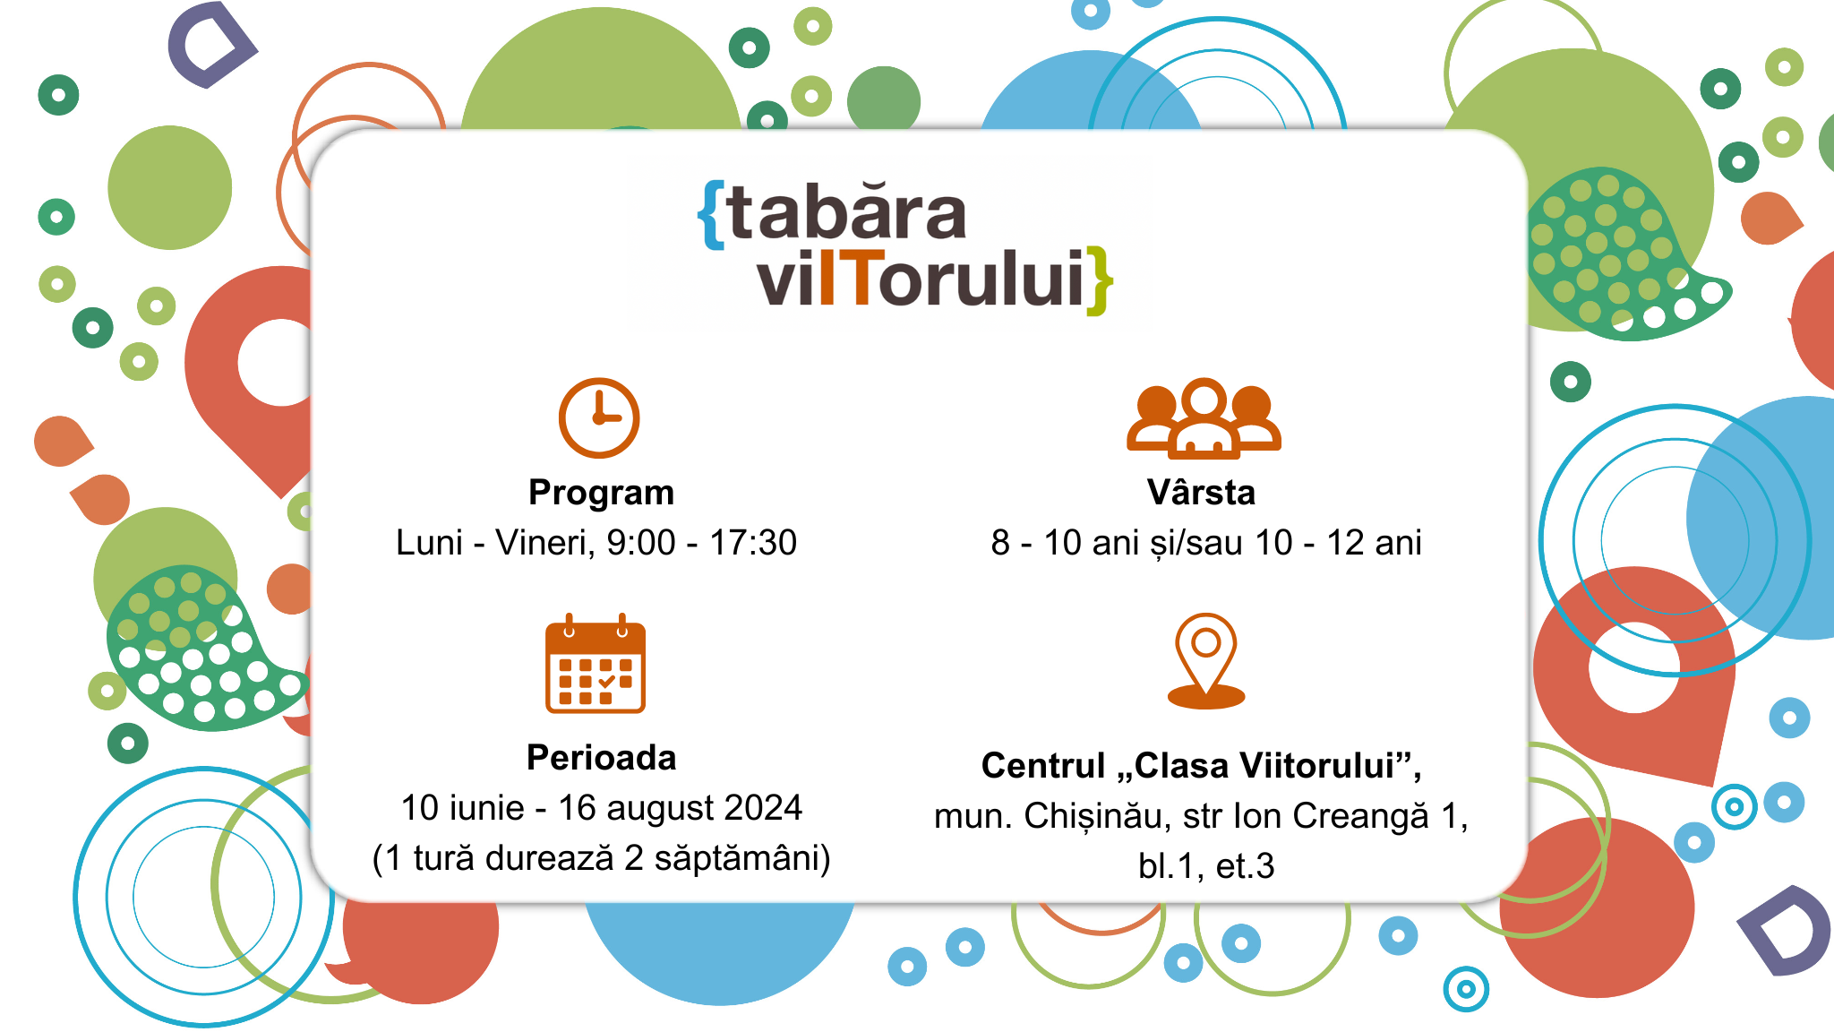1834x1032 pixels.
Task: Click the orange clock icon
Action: click(x=599, y=417)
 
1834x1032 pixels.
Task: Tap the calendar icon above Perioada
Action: click(x=596, y=664)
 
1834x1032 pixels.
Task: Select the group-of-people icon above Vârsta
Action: click(x=1204, y=418)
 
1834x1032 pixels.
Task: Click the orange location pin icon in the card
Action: click(x=1206, y=661)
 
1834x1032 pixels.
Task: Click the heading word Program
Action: click(x=601, y=493)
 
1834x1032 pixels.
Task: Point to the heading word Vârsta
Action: click(x=1201, y=493)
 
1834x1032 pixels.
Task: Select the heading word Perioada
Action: click(x=601, y=758)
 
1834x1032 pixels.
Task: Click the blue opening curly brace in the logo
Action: click(x=712, y=215)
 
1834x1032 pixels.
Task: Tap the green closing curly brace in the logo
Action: click(x=1099, y=281)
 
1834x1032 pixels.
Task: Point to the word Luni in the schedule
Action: click(x=429, y=543)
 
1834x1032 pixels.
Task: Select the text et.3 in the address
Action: click(x=1245, y=866)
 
